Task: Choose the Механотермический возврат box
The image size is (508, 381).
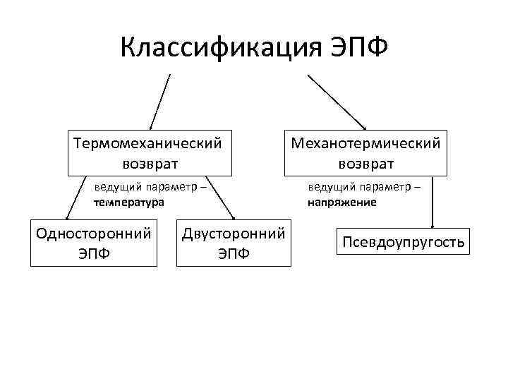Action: (365, 152)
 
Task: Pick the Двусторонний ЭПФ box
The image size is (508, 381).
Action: (234, 243)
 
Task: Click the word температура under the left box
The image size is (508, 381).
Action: (128, 202)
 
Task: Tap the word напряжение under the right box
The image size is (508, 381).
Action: (341, 202)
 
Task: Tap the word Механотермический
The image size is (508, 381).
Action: (365, 143)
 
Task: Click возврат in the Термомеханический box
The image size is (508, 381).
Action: (150, 163)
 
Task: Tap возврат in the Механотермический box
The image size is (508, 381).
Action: (365, 163)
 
